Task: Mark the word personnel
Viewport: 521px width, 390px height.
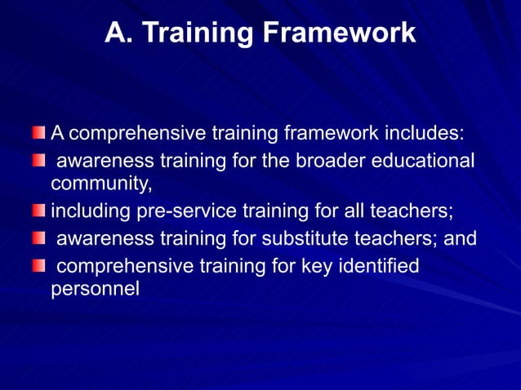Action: click(x=95, y=290)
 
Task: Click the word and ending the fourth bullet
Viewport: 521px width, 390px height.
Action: click(x=460, y=240)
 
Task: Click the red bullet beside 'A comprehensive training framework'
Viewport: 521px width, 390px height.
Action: click(x=39, y=132)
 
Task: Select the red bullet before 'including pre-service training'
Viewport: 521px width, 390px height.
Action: click(x=39, y=212)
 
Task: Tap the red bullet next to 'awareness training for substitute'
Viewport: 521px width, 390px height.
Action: click(x=39, y=239)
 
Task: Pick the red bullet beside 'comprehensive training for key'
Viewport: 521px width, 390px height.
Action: click(x=39, y=265)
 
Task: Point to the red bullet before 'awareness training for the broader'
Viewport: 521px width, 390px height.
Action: click(x=39, y=159)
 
